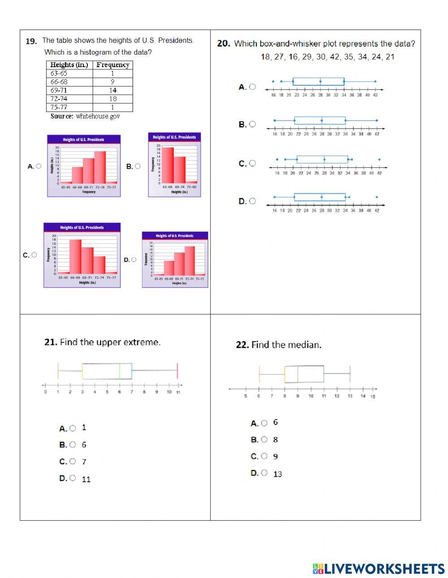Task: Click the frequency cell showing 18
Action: (112, 98)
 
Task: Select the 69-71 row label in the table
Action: (59, 90)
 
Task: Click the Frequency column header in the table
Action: (112, 65)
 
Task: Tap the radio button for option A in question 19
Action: (39, 166)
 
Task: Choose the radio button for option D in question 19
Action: (134, 260)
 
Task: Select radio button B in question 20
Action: (253, 124)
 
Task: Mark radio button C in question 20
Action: (253, 163)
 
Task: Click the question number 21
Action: (51, 342)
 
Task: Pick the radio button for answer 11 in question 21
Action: (73, 478)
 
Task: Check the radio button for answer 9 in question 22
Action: (264, 456)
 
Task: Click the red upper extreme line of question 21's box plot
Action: (177, 371)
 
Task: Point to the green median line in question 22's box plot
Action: (298, 374)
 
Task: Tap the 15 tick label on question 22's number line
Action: (373, 397)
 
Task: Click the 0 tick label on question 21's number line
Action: (45, 392)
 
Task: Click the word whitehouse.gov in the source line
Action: (98, 116)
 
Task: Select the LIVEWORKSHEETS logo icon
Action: (318, 569)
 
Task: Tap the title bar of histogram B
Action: (174, 137)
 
